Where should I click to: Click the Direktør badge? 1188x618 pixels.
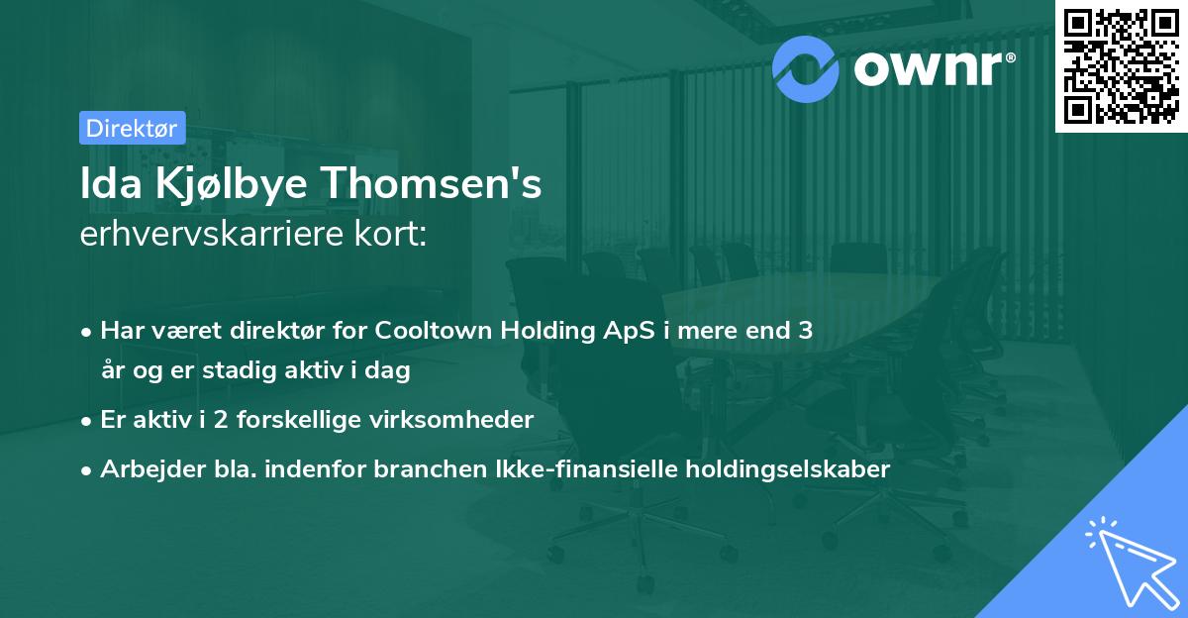[x=132, y=127]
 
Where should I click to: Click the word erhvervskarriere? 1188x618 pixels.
[x=213, y=236]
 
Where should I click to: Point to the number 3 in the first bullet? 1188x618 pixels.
[x=806, y=331]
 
